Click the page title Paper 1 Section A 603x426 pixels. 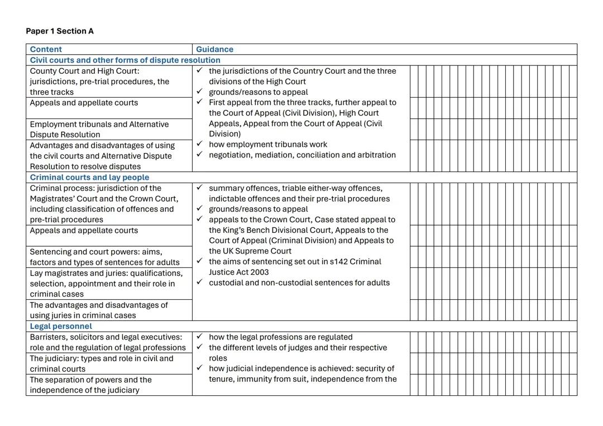coord(60,31)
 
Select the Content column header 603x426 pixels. coord(46,49)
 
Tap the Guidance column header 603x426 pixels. coord(214,49)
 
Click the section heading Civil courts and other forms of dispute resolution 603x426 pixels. coord(125,60)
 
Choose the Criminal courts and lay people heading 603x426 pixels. coord(89,177)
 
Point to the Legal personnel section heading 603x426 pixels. coord(61,326)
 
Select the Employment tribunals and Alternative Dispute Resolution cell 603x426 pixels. coord(99,129)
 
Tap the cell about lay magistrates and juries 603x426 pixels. coord(106,284)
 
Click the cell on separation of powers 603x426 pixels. coord(90,385)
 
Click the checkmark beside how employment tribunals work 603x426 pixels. coord(199,144)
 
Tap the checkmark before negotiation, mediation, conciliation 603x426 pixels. coord(199,155)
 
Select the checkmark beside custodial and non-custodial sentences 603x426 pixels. coord(199,282)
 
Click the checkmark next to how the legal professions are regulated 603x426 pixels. coord(199,337)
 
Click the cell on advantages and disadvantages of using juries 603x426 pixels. coord(99,310)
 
